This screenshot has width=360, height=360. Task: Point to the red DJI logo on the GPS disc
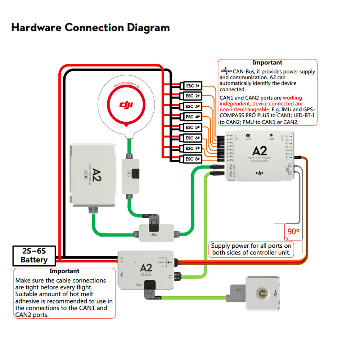click(126, 105)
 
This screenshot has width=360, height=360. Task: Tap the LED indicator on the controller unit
click(271, 135)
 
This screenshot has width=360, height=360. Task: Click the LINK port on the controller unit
click(248, 135)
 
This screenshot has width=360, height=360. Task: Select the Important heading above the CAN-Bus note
click(267, 63)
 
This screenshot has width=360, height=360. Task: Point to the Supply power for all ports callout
click(251, 249)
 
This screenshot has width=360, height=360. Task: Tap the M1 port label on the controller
click(231, 136)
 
